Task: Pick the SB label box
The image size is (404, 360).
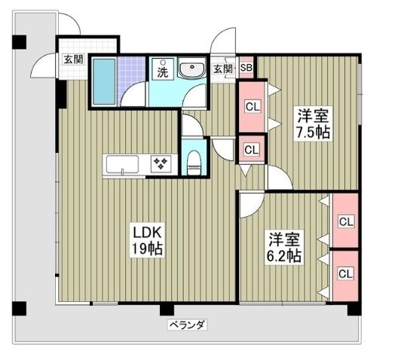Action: point(246,69)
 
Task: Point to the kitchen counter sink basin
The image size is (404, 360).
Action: point(121,163)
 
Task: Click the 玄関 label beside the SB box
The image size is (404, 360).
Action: point(223,69)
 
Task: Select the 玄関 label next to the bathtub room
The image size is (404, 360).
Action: point(73,59)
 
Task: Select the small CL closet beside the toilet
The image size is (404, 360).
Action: point(250,148)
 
